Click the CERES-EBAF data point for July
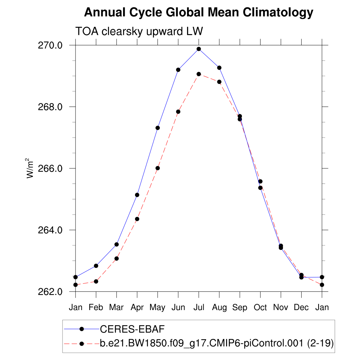(x=199, y=49)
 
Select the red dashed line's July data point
(x=199, y=74)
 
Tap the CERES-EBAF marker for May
(x=157, y=128)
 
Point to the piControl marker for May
(x=157, y=168)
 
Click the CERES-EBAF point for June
(x=178, y=70)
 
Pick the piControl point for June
(x=178, y=112)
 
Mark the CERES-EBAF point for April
(x=137, y=195)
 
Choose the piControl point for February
(x=96, y=281)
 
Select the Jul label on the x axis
(x=199, y=308)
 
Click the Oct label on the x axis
(x=260, y=308)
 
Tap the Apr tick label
(x=137, y=308)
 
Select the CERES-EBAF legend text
(x=133, y=329)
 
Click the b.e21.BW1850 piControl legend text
(x=217, y=343)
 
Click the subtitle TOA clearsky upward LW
(x=139, y=32)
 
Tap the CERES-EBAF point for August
(x=219, y=67)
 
